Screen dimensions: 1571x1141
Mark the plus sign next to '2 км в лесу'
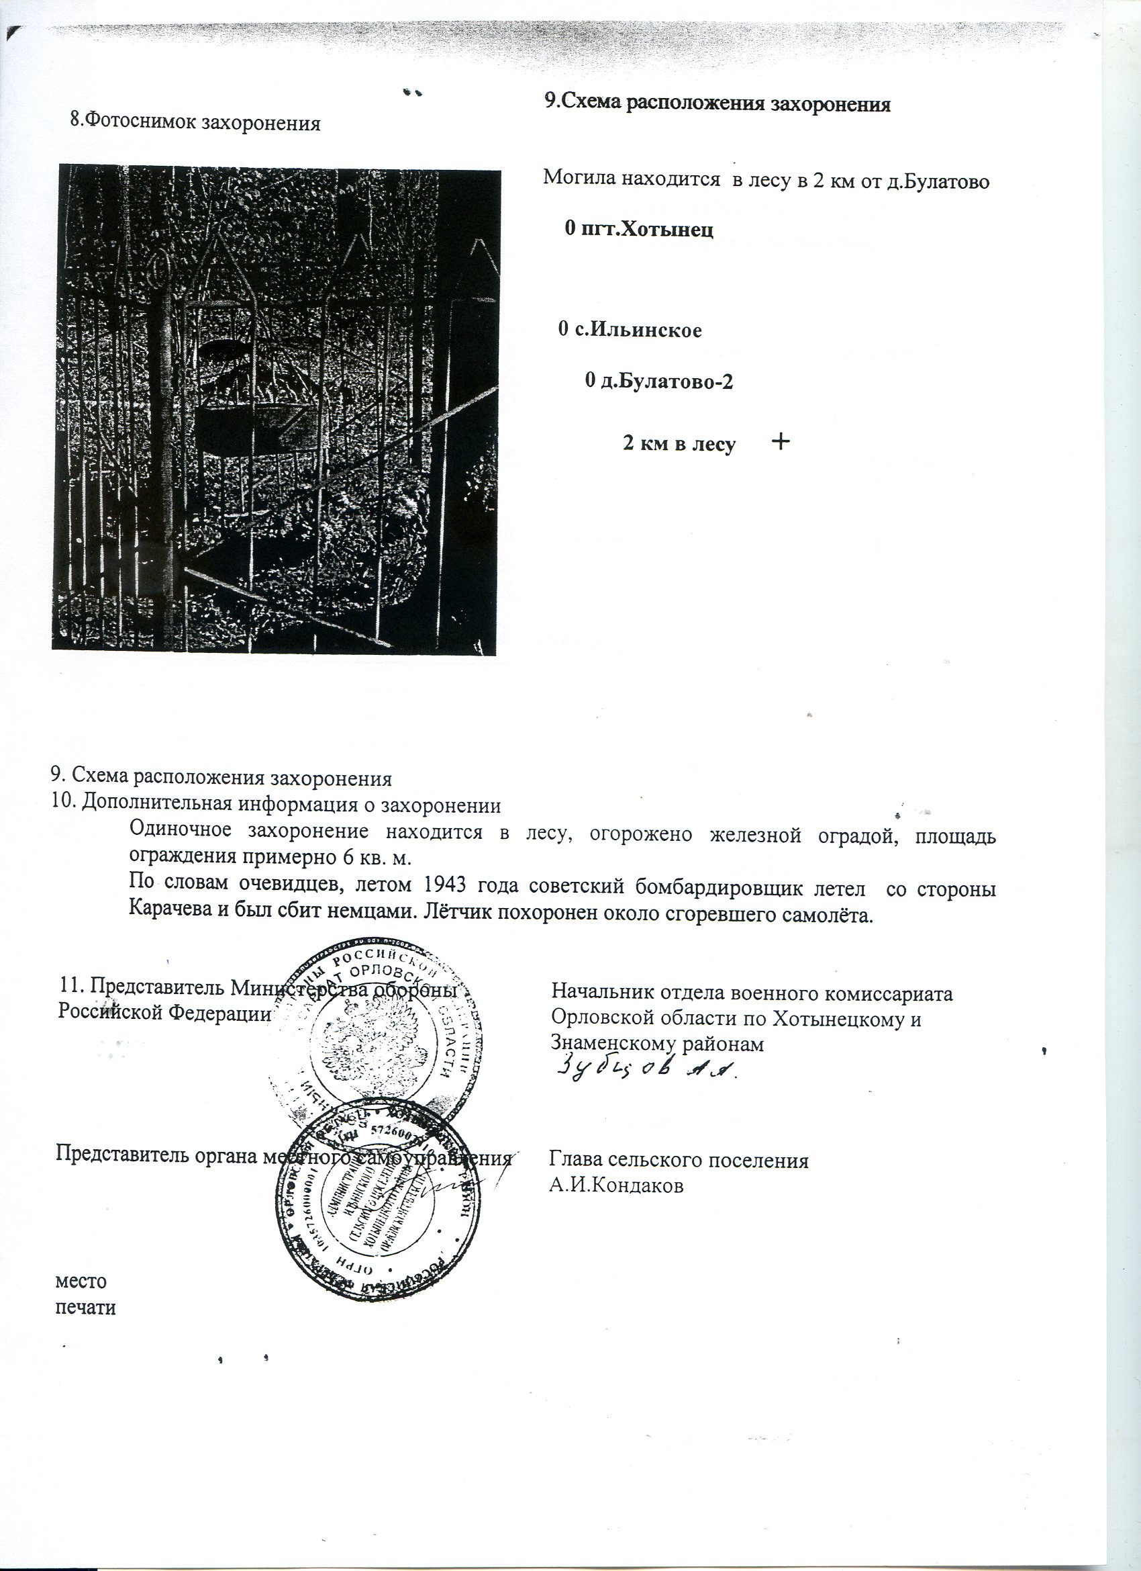coord(781,441)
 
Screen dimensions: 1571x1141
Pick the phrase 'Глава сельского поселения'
coord(679,1160)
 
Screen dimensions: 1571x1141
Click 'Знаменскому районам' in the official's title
coord(656,1044)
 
